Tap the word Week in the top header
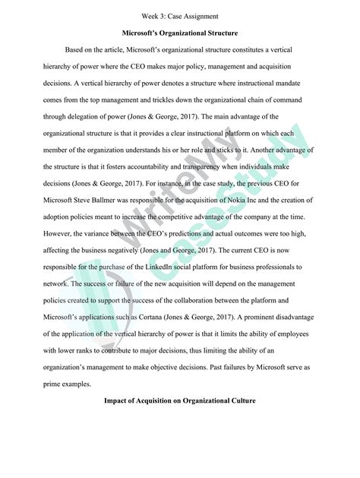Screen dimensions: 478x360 [x=150, y=15]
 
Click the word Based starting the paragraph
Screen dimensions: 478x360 [x=77, y=49]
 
